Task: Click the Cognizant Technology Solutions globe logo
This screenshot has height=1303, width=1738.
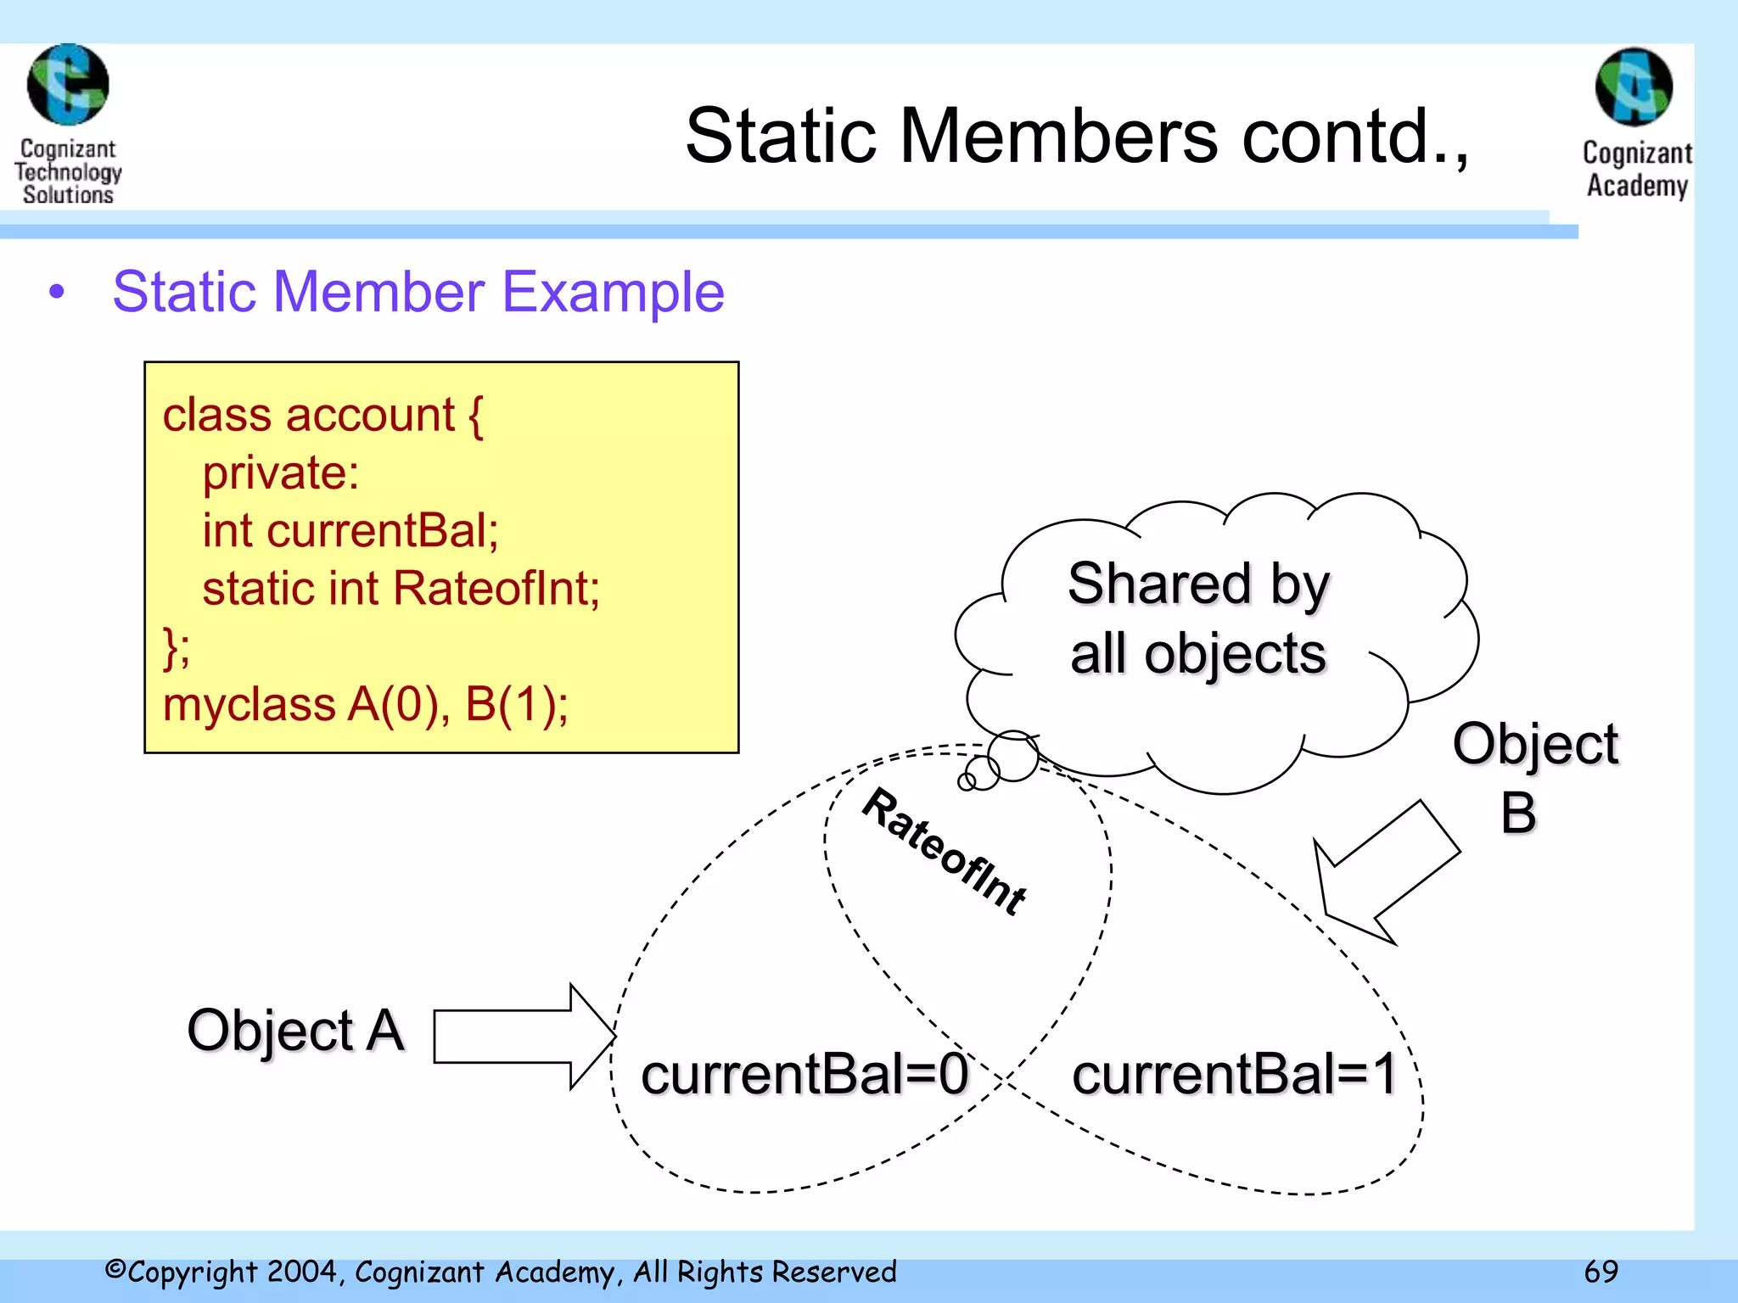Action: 68,85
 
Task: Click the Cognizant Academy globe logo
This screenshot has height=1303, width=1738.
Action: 1634,87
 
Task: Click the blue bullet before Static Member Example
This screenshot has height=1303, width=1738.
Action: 57,293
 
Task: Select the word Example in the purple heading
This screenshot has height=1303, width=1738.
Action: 613,293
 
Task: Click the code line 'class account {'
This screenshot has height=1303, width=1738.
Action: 322,416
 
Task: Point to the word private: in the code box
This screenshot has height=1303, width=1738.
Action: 280,473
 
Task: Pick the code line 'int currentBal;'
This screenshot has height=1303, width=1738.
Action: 350,531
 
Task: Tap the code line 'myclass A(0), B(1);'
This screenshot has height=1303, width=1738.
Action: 365,705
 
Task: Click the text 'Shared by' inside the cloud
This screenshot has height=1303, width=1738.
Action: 1197,585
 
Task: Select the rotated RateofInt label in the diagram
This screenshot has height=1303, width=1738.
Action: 945,851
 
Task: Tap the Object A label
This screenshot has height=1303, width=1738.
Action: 295,1032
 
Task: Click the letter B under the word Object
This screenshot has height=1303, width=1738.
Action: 1518,814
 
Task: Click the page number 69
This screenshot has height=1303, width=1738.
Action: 1601,1272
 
